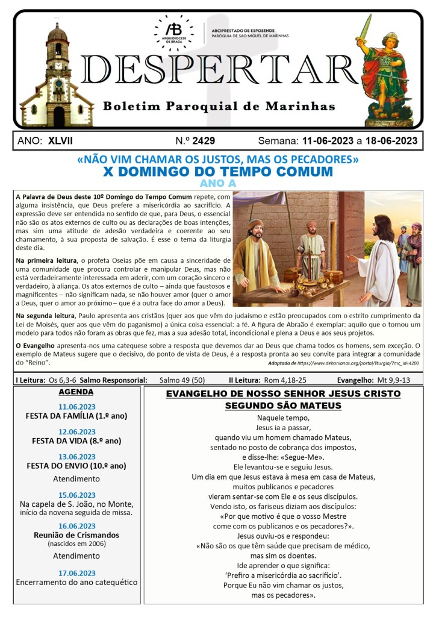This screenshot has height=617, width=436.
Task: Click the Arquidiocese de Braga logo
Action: coord(175,31)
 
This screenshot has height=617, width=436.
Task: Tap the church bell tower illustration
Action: coord(57,72)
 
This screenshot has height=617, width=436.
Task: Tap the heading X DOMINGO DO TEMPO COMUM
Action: coord(218,172)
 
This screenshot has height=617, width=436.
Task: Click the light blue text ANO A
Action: coord(217,183)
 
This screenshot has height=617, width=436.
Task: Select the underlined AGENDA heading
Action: coord(76,392)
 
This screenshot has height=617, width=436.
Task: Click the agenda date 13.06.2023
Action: coord(76,457)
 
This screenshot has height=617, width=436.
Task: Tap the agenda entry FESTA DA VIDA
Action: coord(76,440)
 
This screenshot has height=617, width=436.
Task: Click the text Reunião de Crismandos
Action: coord(76,535)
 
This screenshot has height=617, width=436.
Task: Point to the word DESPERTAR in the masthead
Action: coord(218,70)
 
